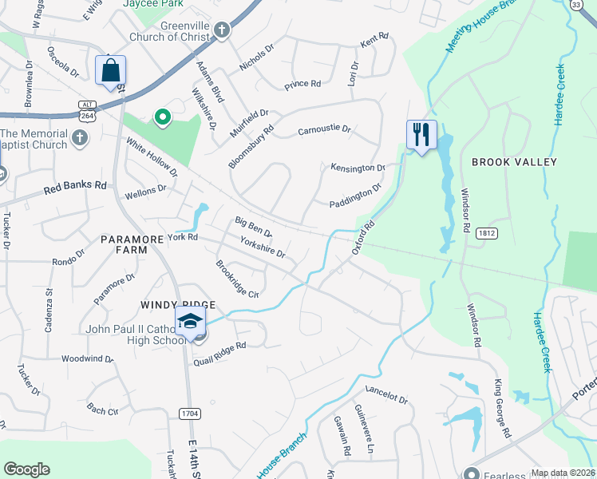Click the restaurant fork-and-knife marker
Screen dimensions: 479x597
pyautogui.click(x=421, y=133)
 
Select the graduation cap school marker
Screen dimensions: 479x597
pyautogui.click(x=191, y=322)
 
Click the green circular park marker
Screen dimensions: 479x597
pyautogui.click(x=162, y=118)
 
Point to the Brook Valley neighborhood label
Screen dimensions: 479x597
pyautogui.click(x=513, y=162)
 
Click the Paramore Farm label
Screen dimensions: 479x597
pyautogui.click(x=124, y=244)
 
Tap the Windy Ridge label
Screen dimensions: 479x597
pyautogui.click(x=178, y=305)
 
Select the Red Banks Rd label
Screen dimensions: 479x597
pyautogui.click(x=75, y=188)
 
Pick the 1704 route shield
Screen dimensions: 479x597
pyautogui.click(x=189, y=414)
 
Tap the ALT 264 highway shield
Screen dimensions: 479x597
pyautogui.click(x=87, y=110)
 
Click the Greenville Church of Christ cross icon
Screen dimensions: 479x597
pyautogui.click(x=222, y=30)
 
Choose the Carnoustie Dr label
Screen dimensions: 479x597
pyautogui.click(x=324, y=129)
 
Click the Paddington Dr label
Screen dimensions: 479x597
pyautogui.click(x=355, y=197)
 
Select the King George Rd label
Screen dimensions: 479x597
pyautogui.click(x=501, y=408)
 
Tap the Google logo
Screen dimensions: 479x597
pyautogui.click(x=26, y=469)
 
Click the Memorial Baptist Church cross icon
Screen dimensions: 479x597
pyautogui.click(x=79, y=137)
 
